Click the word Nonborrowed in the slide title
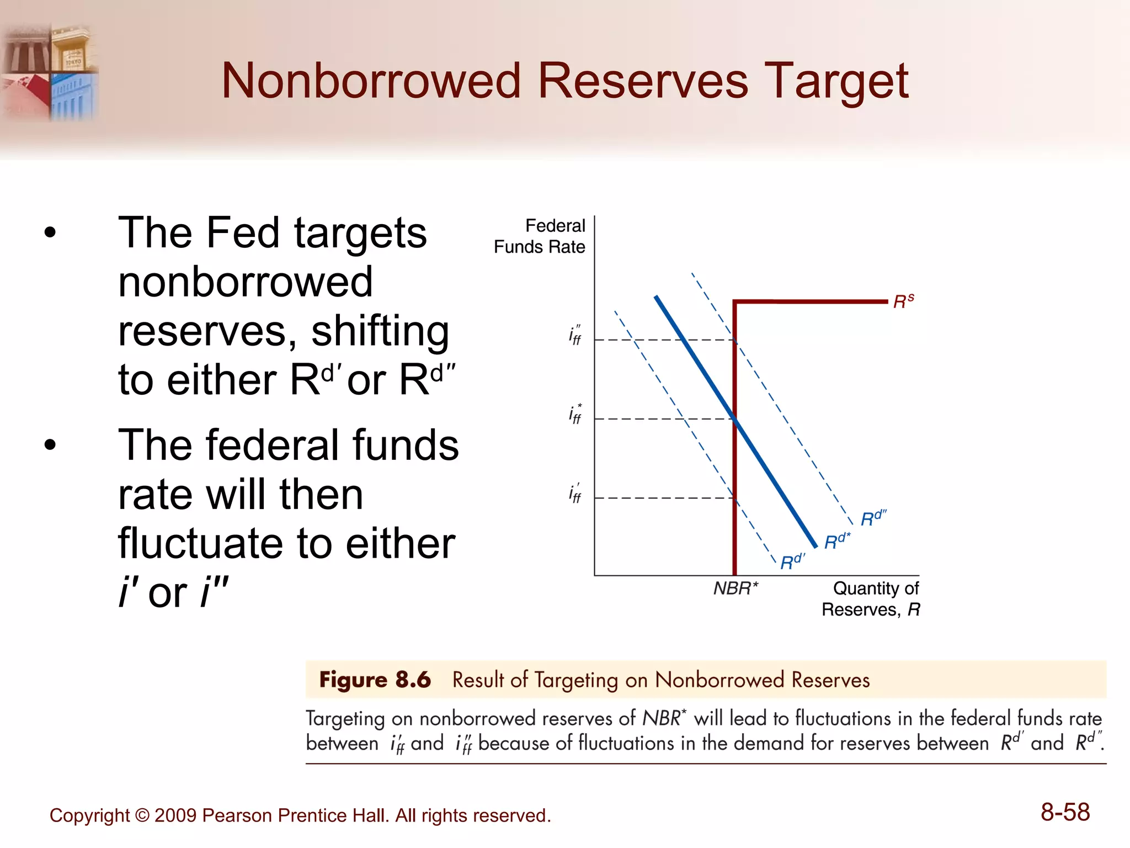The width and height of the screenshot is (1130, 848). (371, 82)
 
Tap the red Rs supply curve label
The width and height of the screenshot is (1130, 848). (903, 301)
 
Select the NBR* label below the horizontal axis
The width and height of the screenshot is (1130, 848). (735, 589)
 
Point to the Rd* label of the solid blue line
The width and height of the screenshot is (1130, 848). (837, 541)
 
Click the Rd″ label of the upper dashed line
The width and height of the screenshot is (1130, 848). (873, 518)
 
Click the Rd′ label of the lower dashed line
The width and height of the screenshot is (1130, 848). (792, 561)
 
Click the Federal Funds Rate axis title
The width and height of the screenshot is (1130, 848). (540, 236)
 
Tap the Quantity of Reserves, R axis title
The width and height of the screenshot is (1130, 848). (871, 599)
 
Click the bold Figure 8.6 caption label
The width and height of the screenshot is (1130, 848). (375, 680)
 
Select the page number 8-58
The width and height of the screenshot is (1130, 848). (1064, 812)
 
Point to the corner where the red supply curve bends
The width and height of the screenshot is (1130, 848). (735, 301)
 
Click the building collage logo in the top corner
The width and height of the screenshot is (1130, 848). (50, 72)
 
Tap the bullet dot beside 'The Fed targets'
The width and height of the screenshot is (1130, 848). (50, 232)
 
